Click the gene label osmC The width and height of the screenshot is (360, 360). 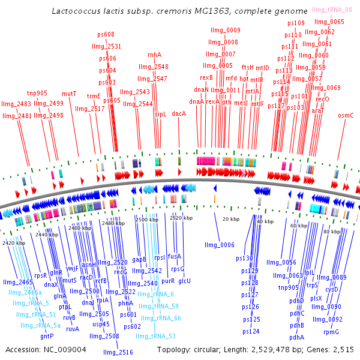(346, 115)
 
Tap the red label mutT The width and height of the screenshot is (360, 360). (70, 94)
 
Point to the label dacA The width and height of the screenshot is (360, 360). (179, 113)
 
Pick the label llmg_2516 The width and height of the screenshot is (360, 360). (118, 352)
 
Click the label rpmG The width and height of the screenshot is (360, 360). (331, 332)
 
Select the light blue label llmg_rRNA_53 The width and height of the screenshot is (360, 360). (155, 336)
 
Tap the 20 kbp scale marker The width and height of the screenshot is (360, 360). (231, 219)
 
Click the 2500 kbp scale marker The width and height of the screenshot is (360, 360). (147, 220)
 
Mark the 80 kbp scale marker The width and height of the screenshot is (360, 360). (331, 231)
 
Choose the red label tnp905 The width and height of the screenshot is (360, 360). (37, 94)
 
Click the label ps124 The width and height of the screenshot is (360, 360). (251, 331)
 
